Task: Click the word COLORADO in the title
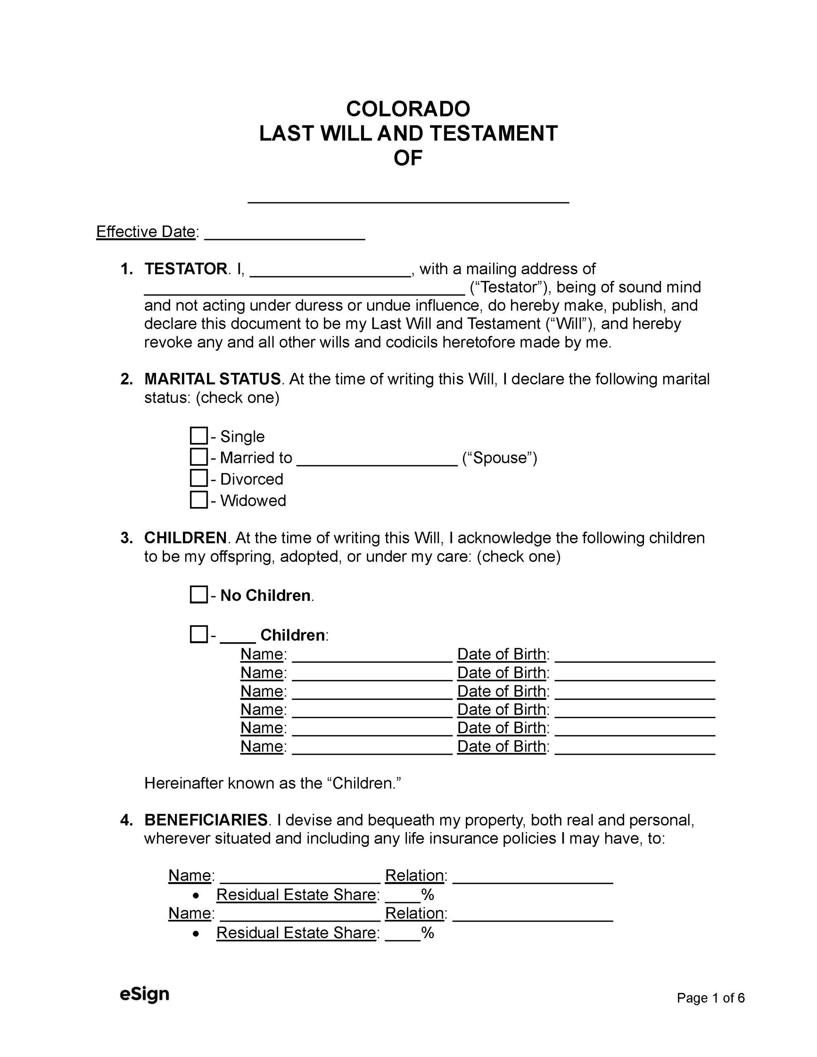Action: point(408,109)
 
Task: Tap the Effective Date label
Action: point(145,232)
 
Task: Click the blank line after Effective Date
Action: point(284,235)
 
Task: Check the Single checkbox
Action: point(199,436)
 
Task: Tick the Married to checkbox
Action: point(199,457)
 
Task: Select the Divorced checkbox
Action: point(199,478)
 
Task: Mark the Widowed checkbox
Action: point(199,500)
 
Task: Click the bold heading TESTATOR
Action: point(185,269)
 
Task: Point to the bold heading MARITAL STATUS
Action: point(212,379)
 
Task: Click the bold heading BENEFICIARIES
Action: point(206,820)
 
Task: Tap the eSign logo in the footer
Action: point(144,995)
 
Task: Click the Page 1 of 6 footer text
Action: point(710,998)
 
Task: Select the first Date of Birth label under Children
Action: point(502,654)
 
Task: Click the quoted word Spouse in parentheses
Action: point(499,458)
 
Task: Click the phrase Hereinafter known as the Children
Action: point(273,783)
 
